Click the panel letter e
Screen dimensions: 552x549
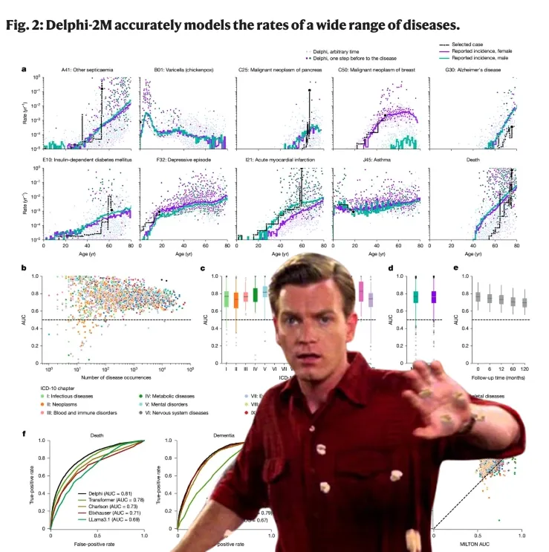coord(455,268)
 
